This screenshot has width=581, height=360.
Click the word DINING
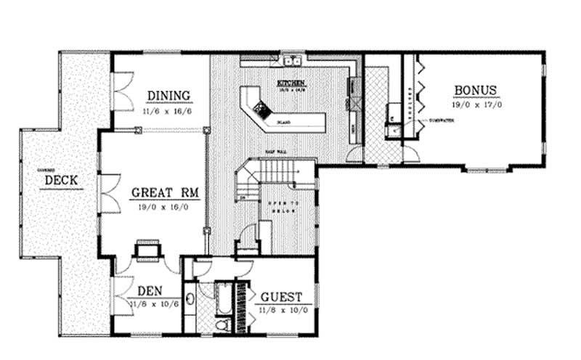pos(168,96)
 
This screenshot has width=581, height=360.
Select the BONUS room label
pos(476,91)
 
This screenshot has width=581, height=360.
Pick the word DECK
pos(62,180)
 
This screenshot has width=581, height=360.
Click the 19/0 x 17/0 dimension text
pos(476,105)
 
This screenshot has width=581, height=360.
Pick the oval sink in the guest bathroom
pos(190,299)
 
